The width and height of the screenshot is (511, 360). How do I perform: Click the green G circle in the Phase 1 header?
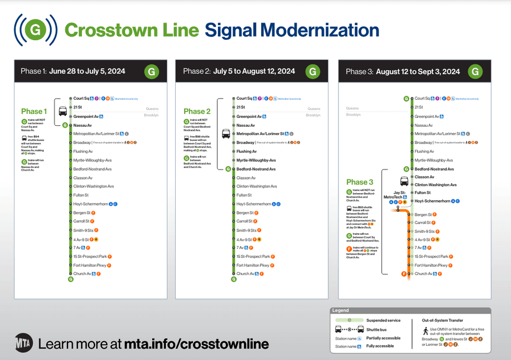(x=152, y=71)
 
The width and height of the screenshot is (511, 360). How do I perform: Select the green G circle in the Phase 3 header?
(x=475, y=71)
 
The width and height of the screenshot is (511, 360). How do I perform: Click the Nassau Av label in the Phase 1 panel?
(x=83, y=125)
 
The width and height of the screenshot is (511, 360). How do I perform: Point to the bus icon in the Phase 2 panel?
(x=226, y=134)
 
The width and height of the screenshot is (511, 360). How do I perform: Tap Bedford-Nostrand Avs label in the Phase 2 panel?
(x=256, y=169)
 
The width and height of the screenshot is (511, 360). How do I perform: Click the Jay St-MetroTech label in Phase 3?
(x=395, y=195)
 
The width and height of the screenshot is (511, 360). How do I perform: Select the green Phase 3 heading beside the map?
(x=360, y=182)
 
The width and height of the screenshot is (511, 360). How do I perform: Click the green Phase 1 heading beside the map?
(x=34, y=111)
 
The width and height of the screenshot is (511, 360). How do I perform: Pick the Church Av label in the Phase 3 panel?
(x=424, y=273)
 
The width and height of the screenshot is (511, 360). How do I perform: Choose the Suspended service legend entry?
(x=383, y=320)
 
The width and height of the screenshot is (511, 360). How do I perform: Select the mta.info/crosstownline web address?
(x=197, y=344)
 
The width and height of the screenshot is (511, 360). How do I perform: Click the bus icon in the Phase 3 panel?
(x=404, y=182)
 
